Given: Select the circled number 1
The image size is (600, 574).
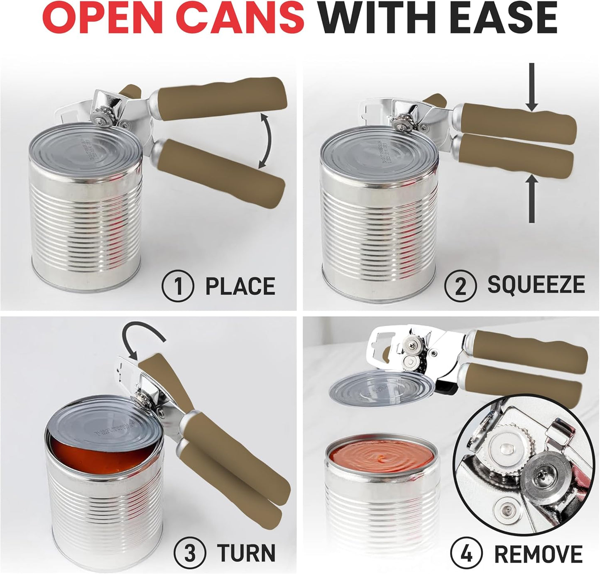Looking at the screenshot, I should (178, 286).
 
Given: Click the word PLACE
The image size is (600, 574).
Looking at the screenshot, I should (240, 286).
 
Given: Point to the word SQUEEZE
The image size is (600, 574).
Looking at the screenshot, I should (536, 285).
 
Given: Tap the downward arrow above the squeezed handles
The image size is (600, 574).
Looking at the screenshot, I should (531, 91).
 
